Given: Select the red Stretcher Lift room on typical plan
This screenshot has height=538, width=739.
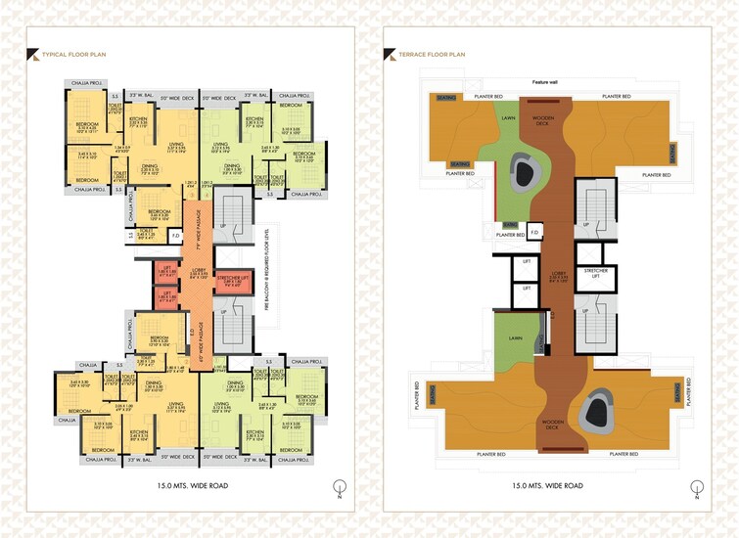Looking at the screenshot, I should tap(233, 285).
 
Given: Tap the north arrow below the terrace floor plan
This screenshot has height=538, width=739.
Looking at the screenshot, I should tap(696, 486).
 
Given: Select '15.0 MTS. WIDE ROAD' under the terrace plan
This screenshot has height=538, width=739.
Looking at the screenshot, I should tap(547, 485).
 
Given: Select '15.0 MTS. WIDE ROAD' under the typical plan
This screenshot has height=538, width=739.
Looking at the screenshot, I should tap(190, 485).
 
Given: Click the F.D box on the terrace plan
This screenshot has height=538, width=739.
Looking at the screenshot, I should tap(535, 233).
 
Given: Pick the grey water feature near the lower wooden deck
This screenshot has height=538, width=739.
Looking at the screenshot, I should tap(597, 412).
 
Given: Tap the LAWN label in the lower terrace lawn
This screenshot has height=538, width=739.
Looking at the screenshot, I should tap(515, 338).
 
